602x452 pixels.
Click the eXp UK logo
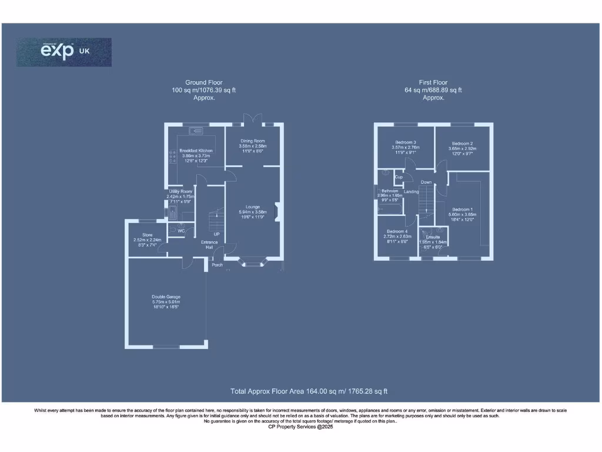[63, 52]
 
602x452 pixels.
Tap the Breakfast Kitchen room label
[196, 151]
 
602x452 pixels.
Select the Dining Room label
[253, 141]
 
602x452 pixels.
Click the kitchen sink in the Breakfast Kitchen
[196, 130]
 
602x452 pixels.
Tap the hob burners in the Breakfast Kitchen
[173, 157]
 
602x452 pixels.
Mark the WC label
[181, 231]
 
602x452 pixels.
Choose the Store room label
[147, 235]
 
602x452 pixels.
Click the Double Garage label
[166, 297]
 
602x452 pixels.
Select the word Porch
[217, 265]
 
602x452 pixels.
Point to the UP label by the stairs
[216, 234]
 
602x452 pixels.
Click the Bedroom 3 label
[406, 142]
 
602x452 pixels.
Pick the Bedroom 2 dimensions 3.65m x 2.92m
[463, 149]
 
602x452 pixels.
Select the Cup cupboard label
[398, 177]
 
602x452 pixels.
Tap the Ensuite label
[433, 237]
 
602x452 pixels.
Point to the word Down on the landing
[426, 182]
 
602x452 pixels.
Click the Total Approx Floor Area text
[308, 391]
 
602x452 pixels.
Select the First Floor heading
[433, 82]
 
